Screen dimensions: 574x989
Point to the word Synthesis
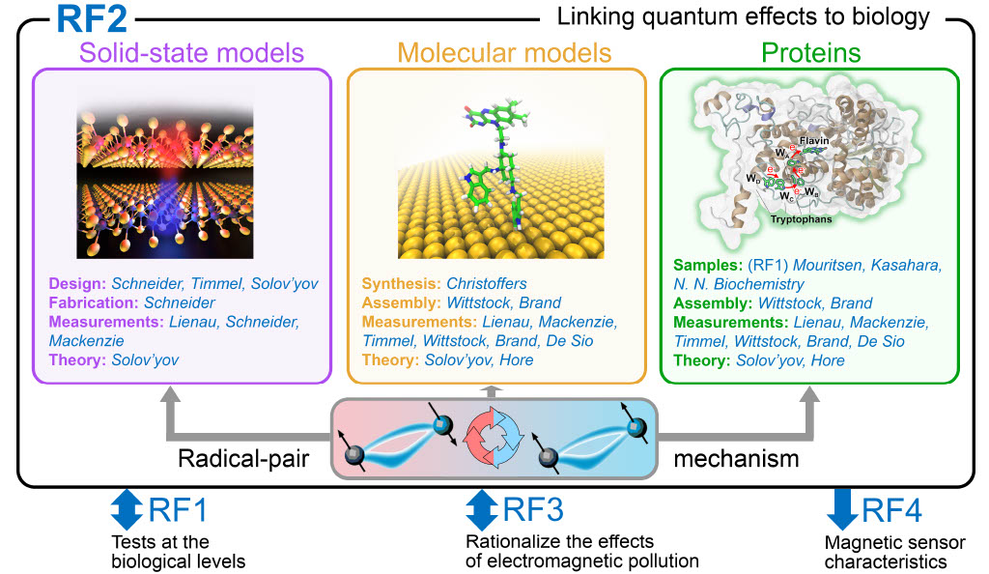[400, 283]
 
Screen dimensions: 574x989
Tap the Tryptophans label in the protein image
[802, 218]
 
